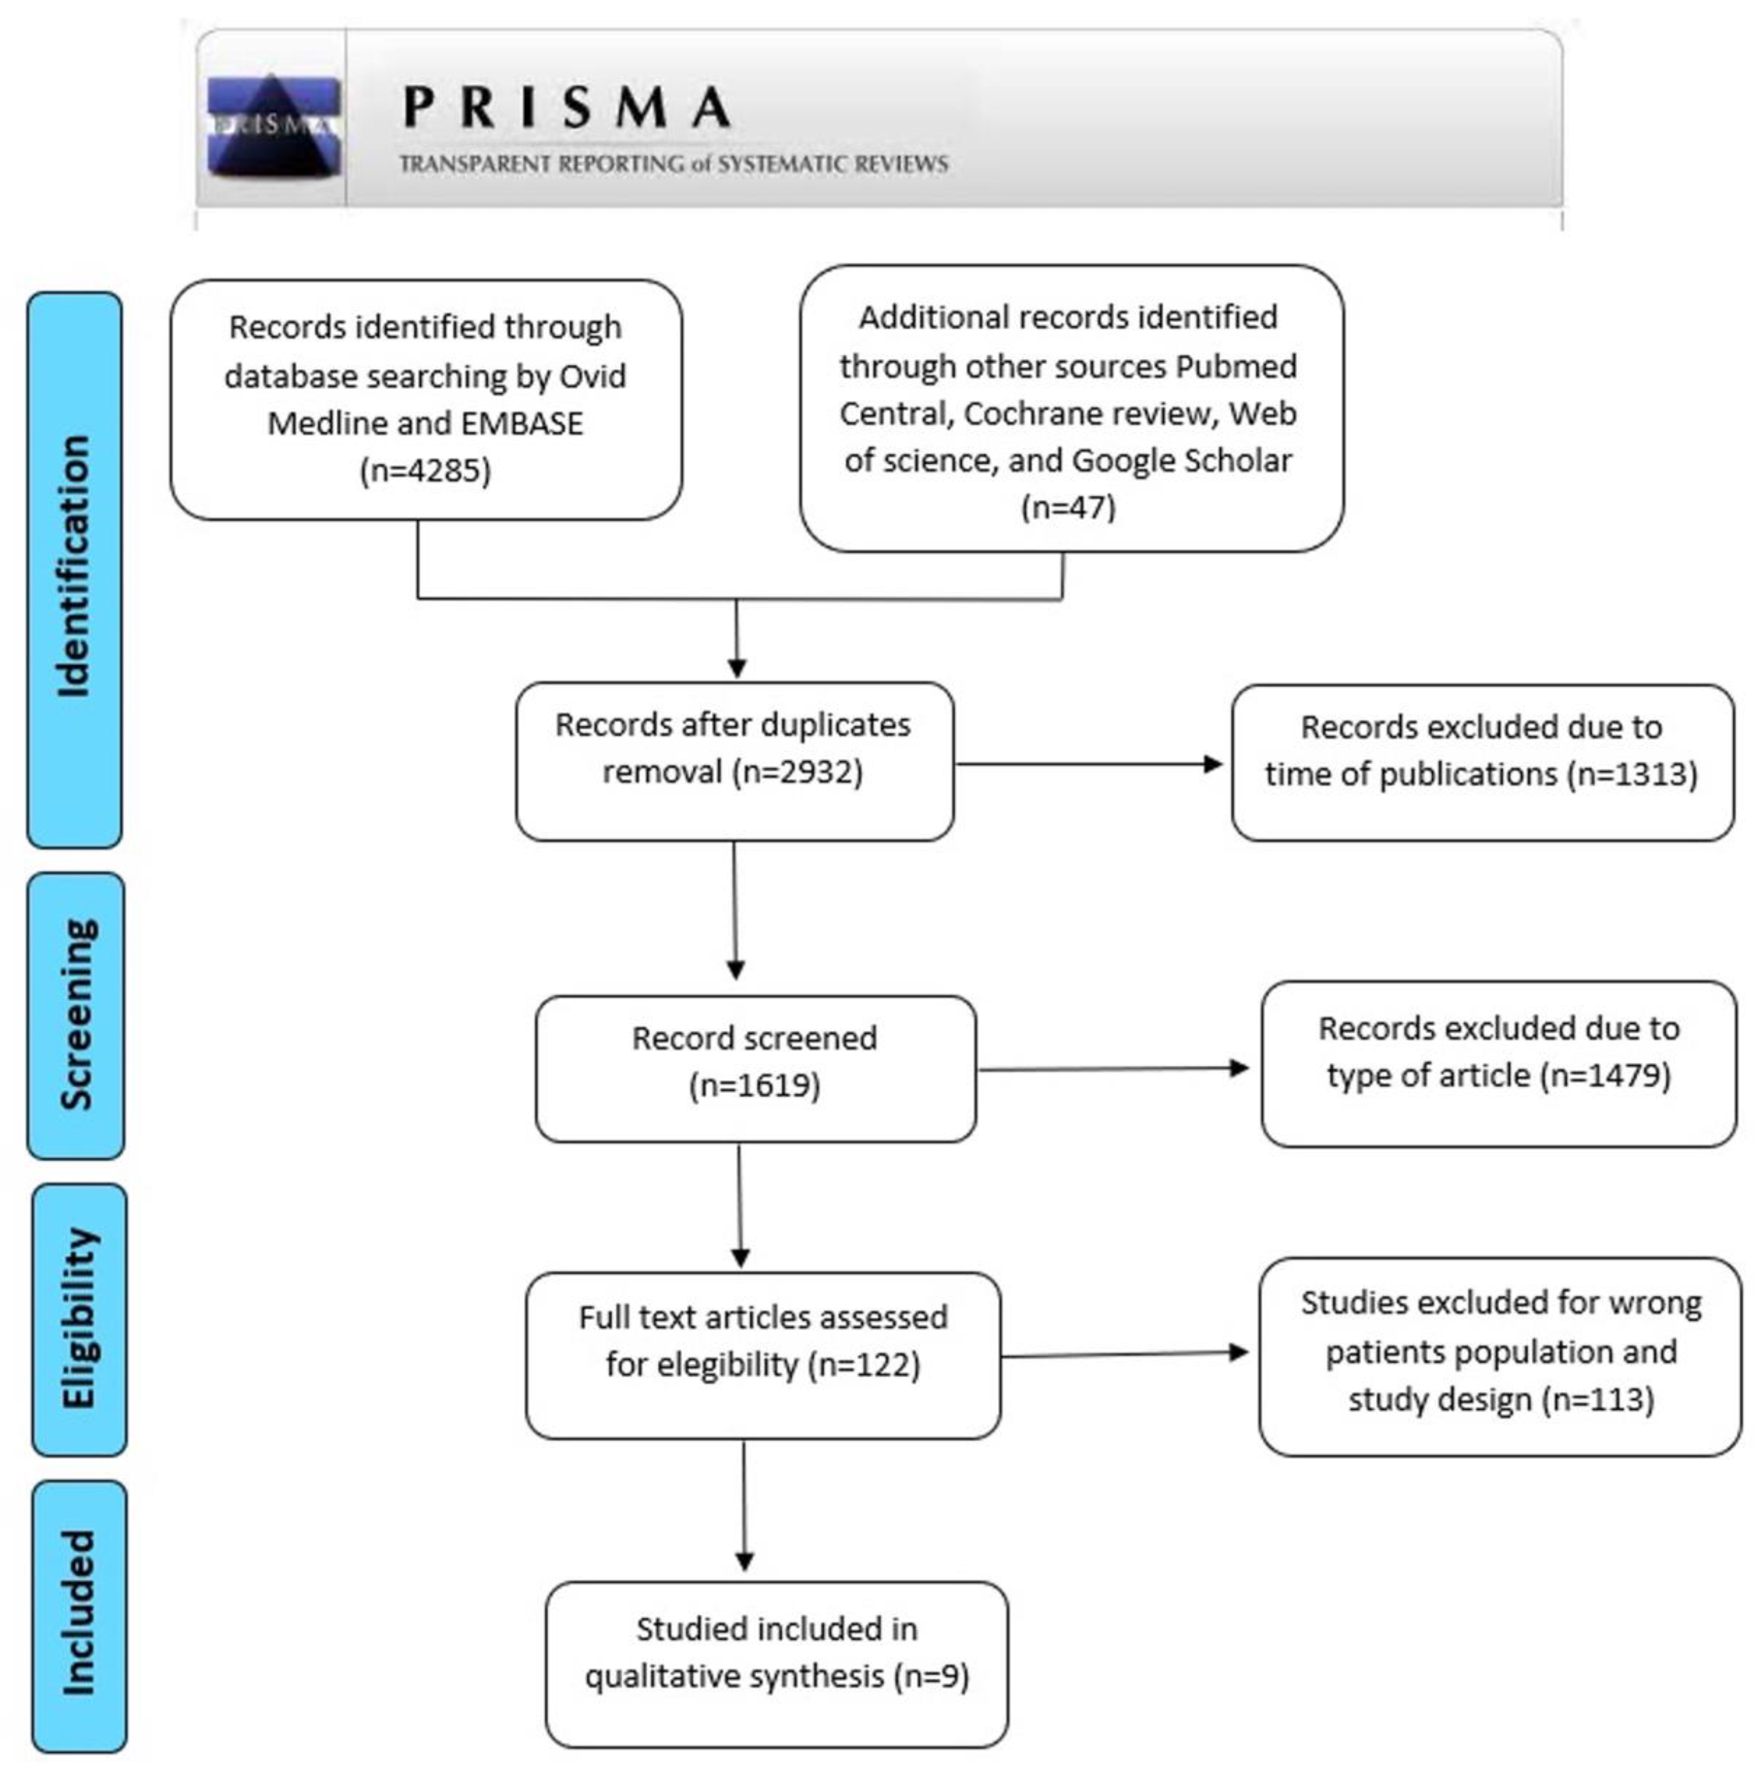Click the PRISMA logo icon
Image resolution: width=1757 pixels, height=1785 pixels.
(274, 126)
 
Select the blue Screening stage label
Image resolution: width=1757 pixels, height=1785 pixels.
(75, 1015)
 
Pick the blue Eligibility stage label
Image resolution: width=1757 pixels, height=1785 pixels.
(79, 1319)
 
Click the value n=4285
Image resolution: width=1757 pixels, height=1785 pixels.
(425, 471)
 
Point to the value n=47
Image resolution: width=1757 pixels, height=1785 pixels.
(1069, 506)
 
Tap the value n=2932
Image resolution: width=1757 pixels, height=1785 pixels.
(797, 771)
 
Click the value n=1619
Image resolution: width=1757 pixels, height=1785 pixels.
(755, 1085)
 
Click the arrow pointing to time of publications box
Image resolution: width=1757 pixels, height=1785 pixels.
(1089, 764)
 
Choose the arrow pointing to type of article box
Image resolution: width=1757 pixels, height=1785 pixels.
(1113, 1069)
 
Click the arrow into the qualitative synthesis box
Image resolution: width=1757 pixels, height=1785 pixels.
(745, 1505)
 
